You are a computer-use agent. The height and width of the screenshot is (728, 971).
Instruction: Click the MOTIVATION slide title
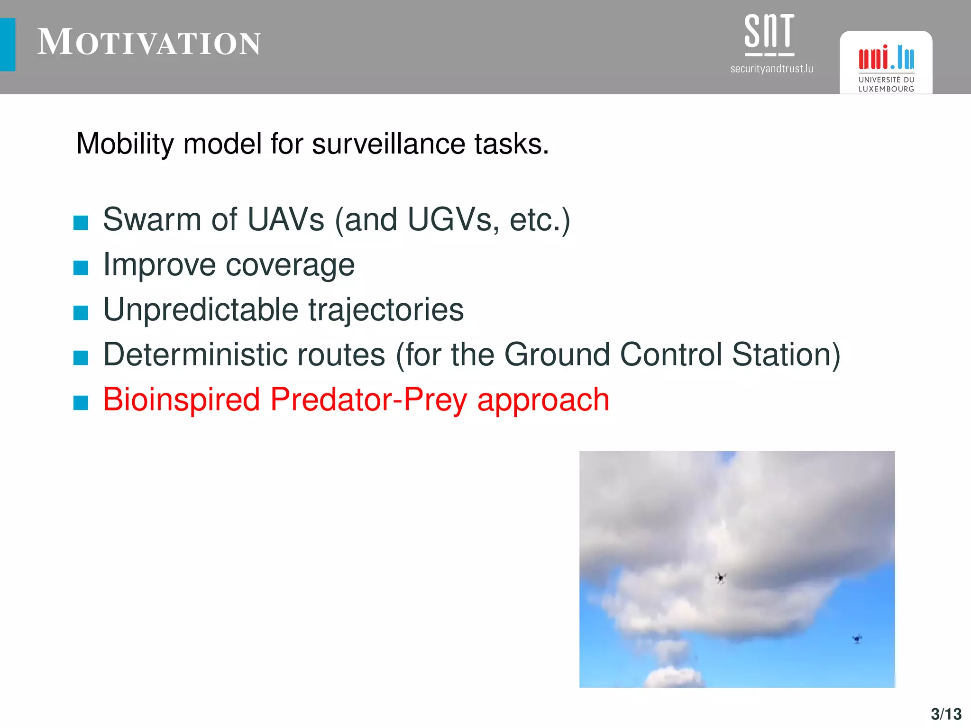149,43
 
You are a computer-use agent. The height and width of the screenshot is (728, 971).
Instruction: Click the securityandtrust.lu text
771,69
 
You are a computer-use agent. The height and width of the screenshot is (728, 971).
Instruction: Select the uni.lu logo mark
886,58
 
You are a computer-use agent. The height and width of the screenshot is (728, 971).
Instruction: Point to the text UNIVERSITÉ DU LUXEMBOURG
886,84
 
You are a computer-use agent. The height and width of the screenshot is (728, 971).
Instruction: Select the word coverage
290,265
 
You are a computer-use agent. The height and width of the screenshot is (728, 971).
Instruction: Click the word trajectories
386,310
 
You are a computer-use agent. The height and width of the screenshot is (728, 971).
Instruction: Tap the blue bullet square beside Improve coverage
81,268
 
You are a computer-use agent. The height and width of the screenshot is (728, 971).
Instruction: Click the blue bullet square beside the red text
81,403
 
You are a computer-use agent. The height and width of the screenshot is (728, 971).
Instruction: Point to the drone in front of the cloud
721,578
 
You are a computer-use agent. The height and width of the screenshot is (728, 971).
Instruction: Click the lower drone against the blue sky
857,639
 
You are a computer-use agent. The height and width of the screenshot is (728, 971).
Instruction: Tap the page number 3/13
946,714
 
